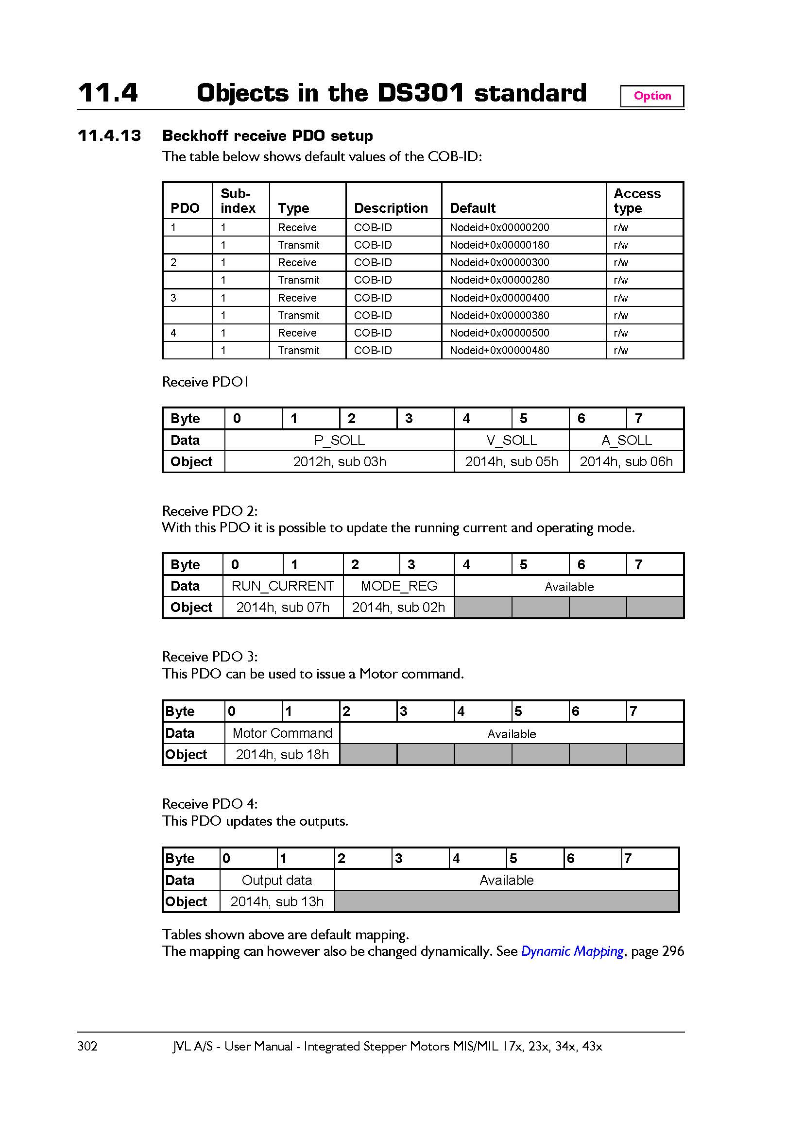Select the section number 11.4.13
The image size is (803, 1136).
tap(109, 136)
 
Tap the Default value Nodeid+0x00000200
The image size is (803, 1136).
tap(499, 228)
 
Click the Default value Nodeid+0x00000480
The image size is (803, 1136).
tap(499, 350)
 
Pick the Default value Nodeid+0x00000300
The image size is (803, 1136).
tap(499, 262)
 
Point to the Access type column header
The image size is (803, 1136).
tap(637, 201)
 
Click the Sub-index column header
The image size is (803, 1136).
tap(238, 201)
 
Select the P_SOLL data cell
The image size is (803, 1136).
tap(340, 440)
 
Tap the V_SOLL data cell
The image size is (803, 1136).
tap(512, 440)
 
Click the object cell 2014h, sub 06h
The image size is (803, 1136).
tap(626, 461)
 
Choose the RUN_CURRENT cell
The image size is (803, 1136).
tap(283, 586)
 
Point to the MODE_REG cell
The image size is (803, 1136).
tap(399, 586)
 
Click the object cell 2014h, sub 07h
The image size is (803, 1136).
tap(283, 607)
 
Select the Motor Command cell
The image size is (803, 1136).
tap(282, 733)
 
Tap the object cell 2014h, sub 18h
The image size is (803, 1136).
tap(282, 755)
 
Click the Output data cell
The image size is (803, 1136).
tap(276, 880)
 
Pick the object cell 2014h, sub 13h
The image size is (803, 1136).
tap(276, 901)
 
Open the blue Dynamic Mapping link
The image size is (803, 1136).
tap(572, 951)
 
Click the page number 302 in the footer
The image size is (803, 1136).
tap(87, 1046)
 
